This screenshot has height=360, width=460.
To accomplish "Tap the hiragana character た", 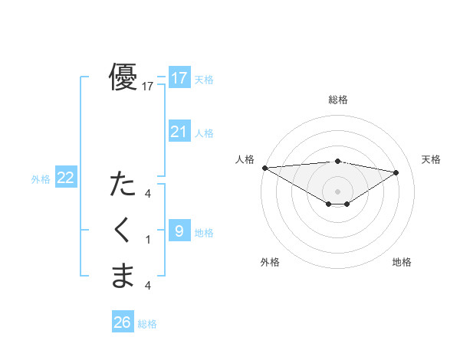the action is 123,185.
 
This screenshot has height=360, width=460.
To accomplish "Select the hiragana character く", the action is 123,231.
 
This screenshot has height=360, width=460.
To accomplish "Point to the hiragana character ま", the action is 123,276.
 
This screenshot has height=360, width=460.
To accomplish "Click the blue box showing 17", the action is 179,77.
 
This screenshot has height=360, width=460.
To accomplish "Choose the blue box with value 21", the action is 179,131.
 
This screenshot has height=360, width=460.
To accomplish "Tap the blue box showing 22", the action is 66,178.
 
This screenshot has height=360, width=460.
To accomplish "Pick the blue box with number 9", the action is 179,231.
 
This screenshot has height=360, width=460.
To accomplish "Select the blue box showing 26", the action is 123,322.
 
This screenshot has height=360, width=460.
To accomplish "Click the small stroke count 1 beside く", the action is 148,241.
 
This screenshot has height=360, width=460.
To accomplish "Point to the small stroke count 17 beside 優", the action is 148,87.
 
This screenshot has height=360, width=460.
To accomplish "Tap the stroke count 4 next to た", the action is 148,194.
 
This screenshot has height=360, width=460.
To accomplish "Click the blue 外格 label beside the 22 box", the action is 41,179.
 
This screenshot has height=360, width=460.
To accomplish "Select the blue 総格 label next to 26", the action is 147,324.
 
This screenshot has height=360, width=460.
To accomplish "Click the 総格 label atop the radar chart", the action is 337,99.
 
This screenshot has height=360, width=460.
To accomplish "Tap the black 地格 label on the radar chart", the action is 402,262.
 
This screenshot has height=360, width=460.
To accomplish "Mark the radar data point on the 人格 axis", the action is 264,167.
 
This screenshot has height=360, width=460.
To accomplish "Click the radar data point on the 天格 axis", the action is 396,172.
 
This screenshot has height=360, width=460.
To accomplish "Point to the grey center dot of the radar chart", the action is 337,191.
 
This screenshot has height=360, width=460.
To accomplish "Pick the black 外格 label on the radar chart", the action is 270,262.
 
